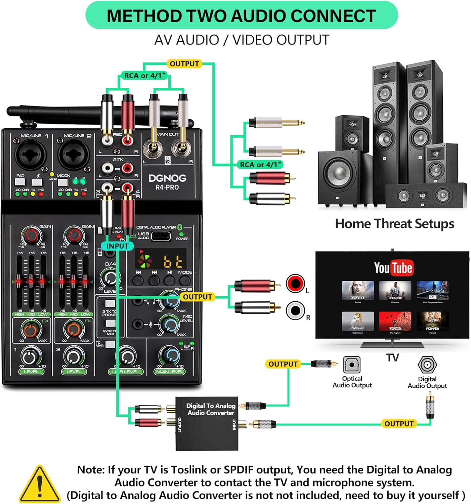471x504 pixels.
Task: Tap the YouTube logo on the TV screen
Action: pyautogui.click(x=393, y=268)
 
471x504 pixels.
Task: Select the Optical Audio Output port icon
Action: pyautogui.click(x=352, y=365)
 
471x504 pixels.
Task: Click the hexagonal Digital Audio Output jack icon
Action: pyautogui.click(x=427, y=365)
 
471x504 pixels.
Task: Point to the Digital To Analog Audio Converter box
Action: pyautogui.click(x=207, y=423)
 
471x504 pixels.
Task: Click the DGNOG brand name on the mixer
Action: pyautogui.click(x=167, y=178)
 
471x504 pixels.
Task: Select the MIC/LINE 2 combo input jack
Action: pyautogui.click(x=74, y=156)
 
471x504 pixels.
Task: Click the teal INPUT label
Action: pyautogui.click(x=117, y=246)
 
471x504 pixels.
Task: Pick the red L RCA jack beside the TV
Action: pyautogui.click(x=295, y=283)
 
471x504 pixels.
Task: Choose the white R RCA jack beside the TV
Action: pyautogui.click(x=295, y=310)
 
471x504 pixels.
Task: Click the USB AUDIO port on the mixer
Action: pyautogui.click(x=160, y=236)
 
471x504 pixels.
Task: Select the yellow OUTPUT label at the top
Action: pyautogui.click(x=184, y=64)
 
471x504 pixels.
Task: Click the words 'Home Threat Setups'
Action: pyautogui.click(x=394, y=224)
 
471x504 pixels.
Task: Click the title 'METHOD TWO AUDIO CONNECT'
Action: pyautogui.click(x=241, y=16)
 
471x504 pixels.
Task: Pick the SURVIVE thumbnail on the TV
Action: pyautogui.click(x=357, y=291)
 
